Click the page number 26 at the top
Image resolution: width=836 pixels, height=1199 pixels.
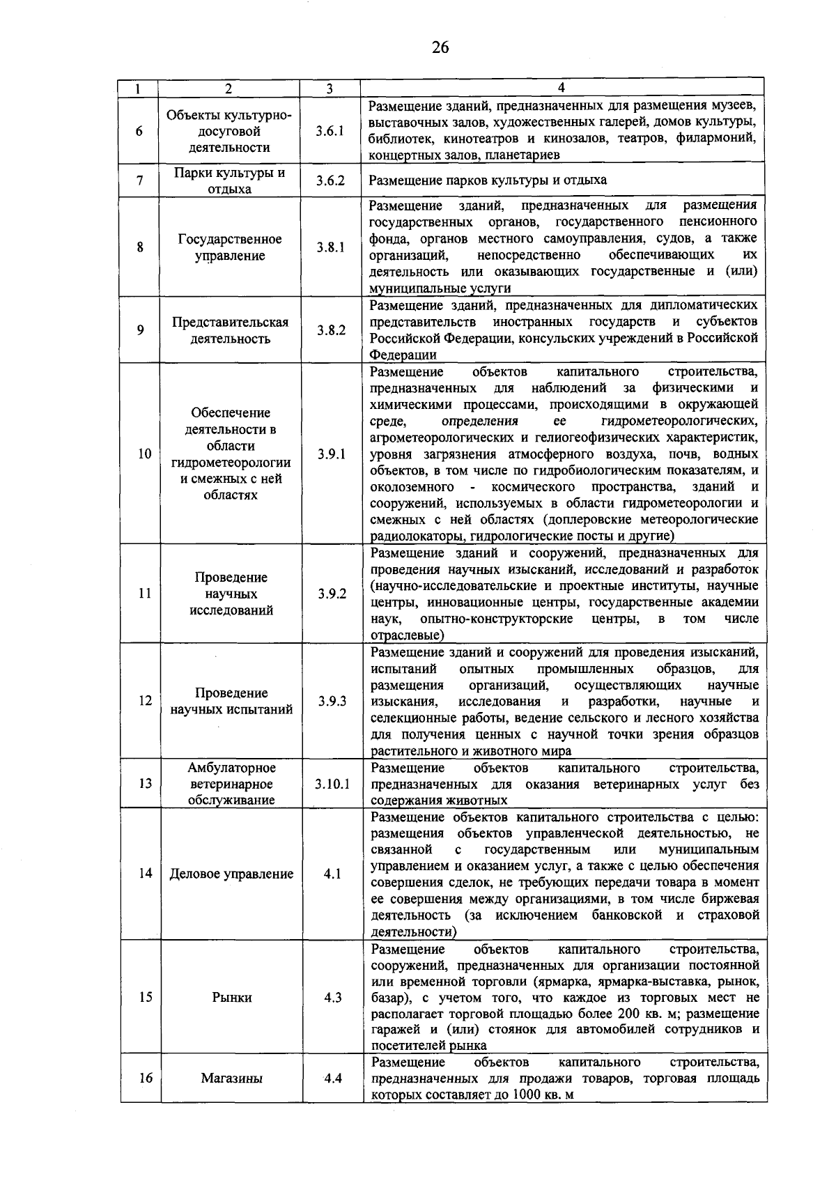coord(440,47)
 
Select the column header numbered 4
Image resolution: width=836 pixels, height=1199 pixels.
coord(562,88)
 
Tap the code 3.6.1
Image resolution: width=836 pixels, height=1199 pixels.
coord(330,131)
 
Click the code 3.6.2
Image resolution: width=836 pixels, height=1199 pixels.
coord(330,180)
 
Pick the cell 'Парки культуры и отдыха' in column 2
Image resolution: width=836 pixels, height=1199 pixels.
coord(229,180)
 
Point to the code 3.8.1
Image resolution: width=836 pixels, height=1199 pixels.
coord(330,247)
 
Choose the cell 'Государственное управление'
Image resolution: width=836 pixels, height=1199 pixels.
coord(230,247)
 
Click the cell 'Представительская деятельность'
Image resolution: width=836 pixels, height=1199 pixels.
coord(230,330)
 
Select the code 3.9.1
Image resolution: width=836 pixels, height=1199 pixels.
coord(332,454)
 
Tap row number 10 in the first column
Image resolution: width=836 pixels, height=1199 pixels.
coord(144,454)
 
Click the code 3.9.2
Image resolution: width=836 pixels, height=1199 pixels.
coord(332,594)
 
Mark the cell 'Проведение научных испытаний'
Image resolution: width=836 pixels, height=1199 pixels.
coord(231,702)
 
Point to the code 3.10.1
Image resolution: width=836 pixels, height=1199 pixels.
coord(332,784)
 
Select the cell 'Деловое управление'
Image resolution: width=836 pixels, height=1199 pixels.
coord(231,874)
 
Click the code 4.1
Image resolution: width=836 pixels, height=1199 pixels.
coord(332,874)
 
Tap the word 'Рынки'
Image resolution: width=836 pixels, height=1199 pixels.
coord(232,997)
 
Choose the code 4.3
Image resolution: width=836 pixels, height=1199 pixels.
coord(333,997)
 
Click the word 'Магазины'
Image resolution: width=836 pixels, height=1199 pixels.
coord(232,1078)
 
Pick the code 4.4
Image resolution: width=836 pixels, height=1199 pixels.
coord(333,1078)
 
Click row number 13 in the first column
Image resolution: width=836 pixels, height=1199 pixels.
coord(145,784)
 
